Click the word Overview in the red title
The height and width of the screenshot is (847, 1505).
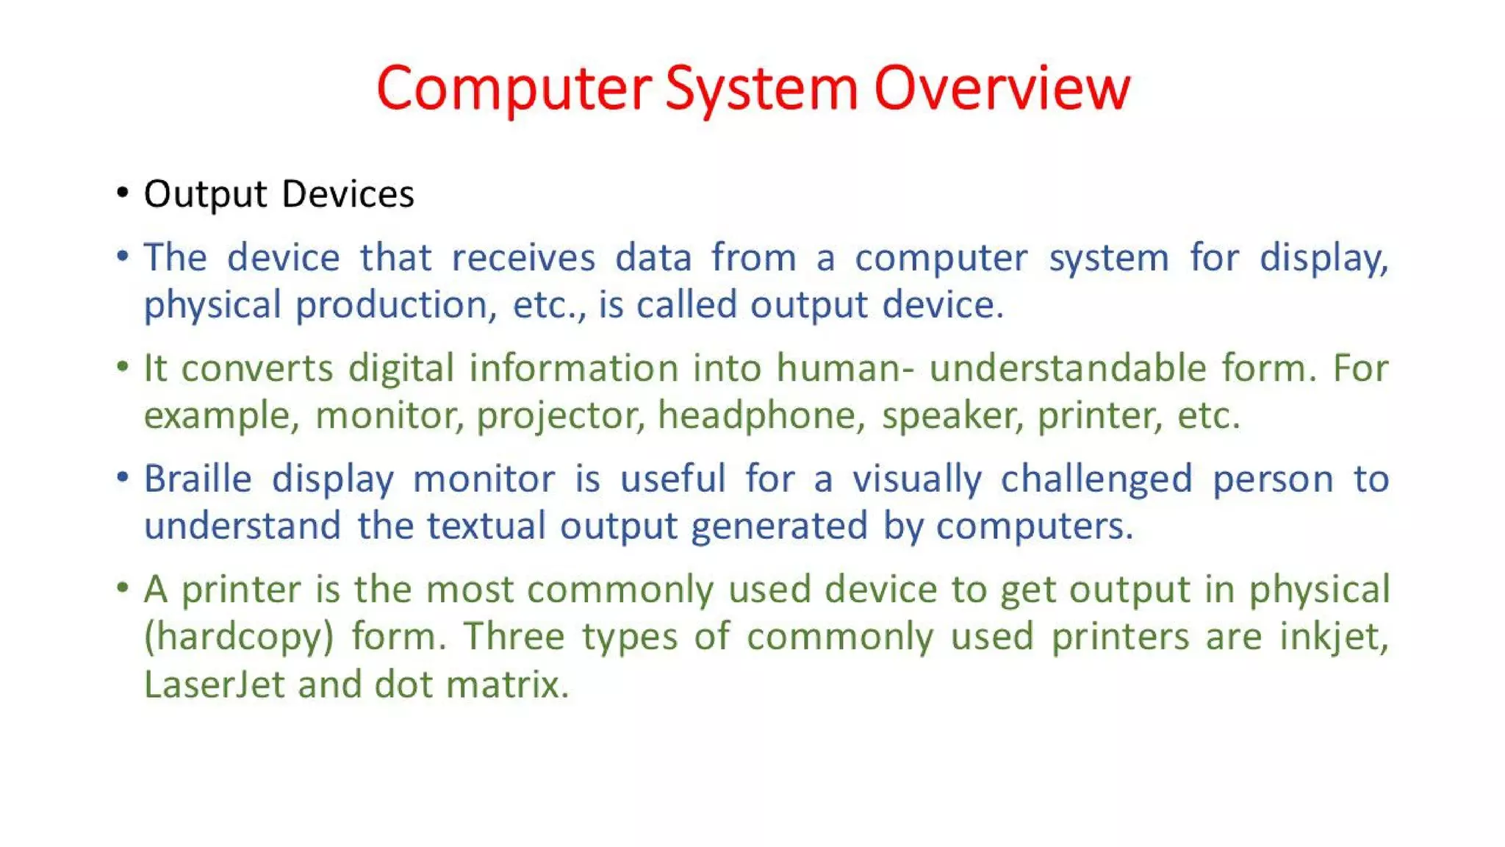click(1002, 88)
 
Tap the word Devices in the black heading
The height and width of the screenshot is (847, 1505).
click(348, 194)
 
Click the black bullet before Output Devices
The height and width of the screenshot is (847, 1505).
click(123, 193)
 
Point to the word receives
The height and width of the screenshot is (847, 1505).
click(523, 258)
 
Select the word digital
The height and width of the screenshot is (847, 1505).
click(401, 368)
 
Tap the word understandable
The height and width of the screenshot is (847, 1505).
click(1067, 368)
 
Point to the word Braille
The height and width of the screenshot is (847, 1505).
click(198, 479)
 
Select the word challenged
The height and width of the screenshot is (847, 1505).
click(1096, 479)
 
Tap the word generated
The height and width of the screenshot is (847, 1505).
click(779, 527)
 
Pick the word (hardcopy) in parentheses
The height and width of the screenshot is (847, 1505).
click(239, 637)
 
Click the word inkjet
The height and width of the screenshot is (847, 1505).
click(1333, 637)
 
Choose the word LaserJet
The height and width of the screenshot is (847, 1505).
click(214, 685)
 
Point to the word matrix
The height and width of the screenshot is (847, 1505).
click(507, 685)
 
